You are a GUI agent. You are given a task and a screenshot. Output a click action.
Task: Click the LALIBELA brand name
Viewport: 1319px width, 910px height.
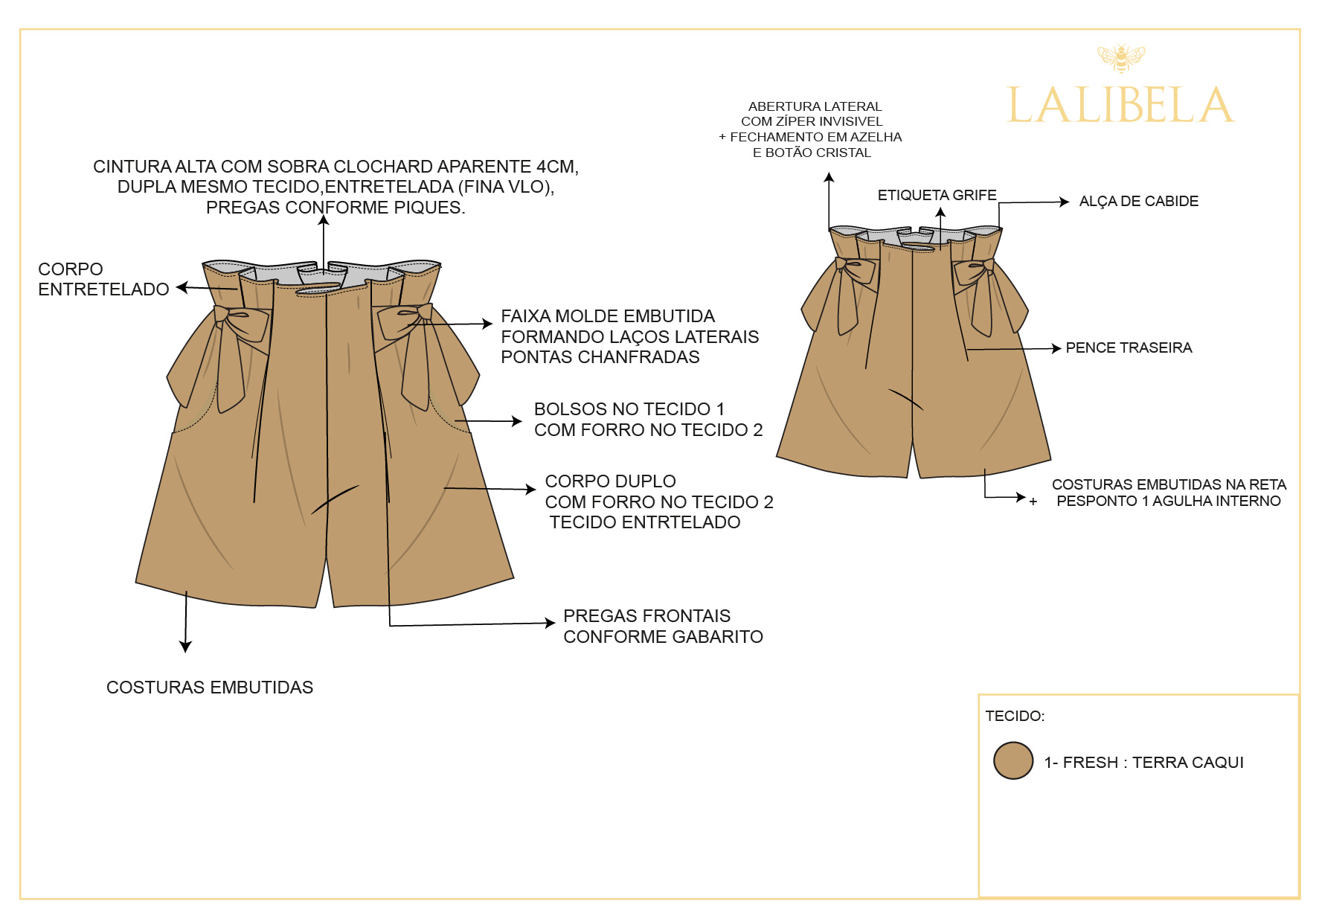pos(1120,105)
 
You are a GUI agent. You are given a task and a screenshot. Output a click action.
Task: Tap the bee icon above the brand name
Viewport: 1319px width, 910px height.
pos(1121,57)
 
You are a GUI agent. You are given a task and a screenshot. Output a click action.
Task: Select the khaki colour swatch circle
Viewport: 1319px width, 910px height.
pos(1013,760)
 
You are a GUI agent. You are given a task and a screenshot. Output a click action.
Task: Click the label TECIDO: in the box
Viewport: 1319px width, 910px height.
pos(1015,716)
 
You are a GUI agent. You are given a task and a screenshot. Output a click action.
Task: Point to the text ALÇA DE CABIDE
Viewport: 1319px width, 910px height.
pos(1138,201)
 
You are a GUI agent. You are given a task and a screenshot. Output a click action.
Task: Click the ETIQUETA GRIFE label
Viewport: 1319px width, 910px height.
pos(937,195)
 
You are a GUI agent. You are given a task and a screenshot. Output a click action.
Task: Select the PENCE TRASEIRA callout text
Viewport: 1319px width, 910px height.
pos(1129,347)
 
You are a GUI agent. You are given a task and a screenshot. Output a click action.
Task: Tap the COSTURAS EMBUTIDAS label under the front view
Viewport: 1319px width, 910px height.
pos(210,688)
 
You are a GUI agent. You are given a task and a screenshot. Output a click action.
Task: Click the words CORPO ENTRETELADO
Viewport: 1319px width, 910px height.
pos(103,279)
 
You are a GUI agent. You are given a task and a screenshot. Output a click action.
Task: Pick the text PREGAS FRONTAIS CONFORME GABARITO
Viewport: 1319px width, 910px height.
pos(663,627)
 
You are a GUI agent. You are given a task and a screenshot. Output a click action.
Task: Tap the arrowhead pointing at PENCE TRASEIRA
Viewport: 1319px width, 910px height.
pos(1056,348)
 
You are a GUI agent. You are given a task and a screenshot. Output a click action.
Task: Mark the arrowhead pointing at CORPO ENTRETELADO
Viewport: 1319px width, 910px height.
pos(181,287)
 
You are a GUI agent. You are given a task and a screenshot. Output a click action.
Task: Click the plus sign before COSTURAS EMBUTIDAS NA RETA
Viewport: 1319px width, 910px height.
pos(1033,502)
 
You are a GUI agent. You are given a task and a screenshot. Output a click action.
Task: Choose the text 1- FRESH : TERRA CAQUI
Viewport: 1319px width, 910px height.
pos(1143,763)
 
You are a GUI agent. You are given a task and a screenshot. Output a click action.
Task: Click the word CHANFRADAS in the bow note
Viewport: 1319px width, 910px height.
pos(649,357)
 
